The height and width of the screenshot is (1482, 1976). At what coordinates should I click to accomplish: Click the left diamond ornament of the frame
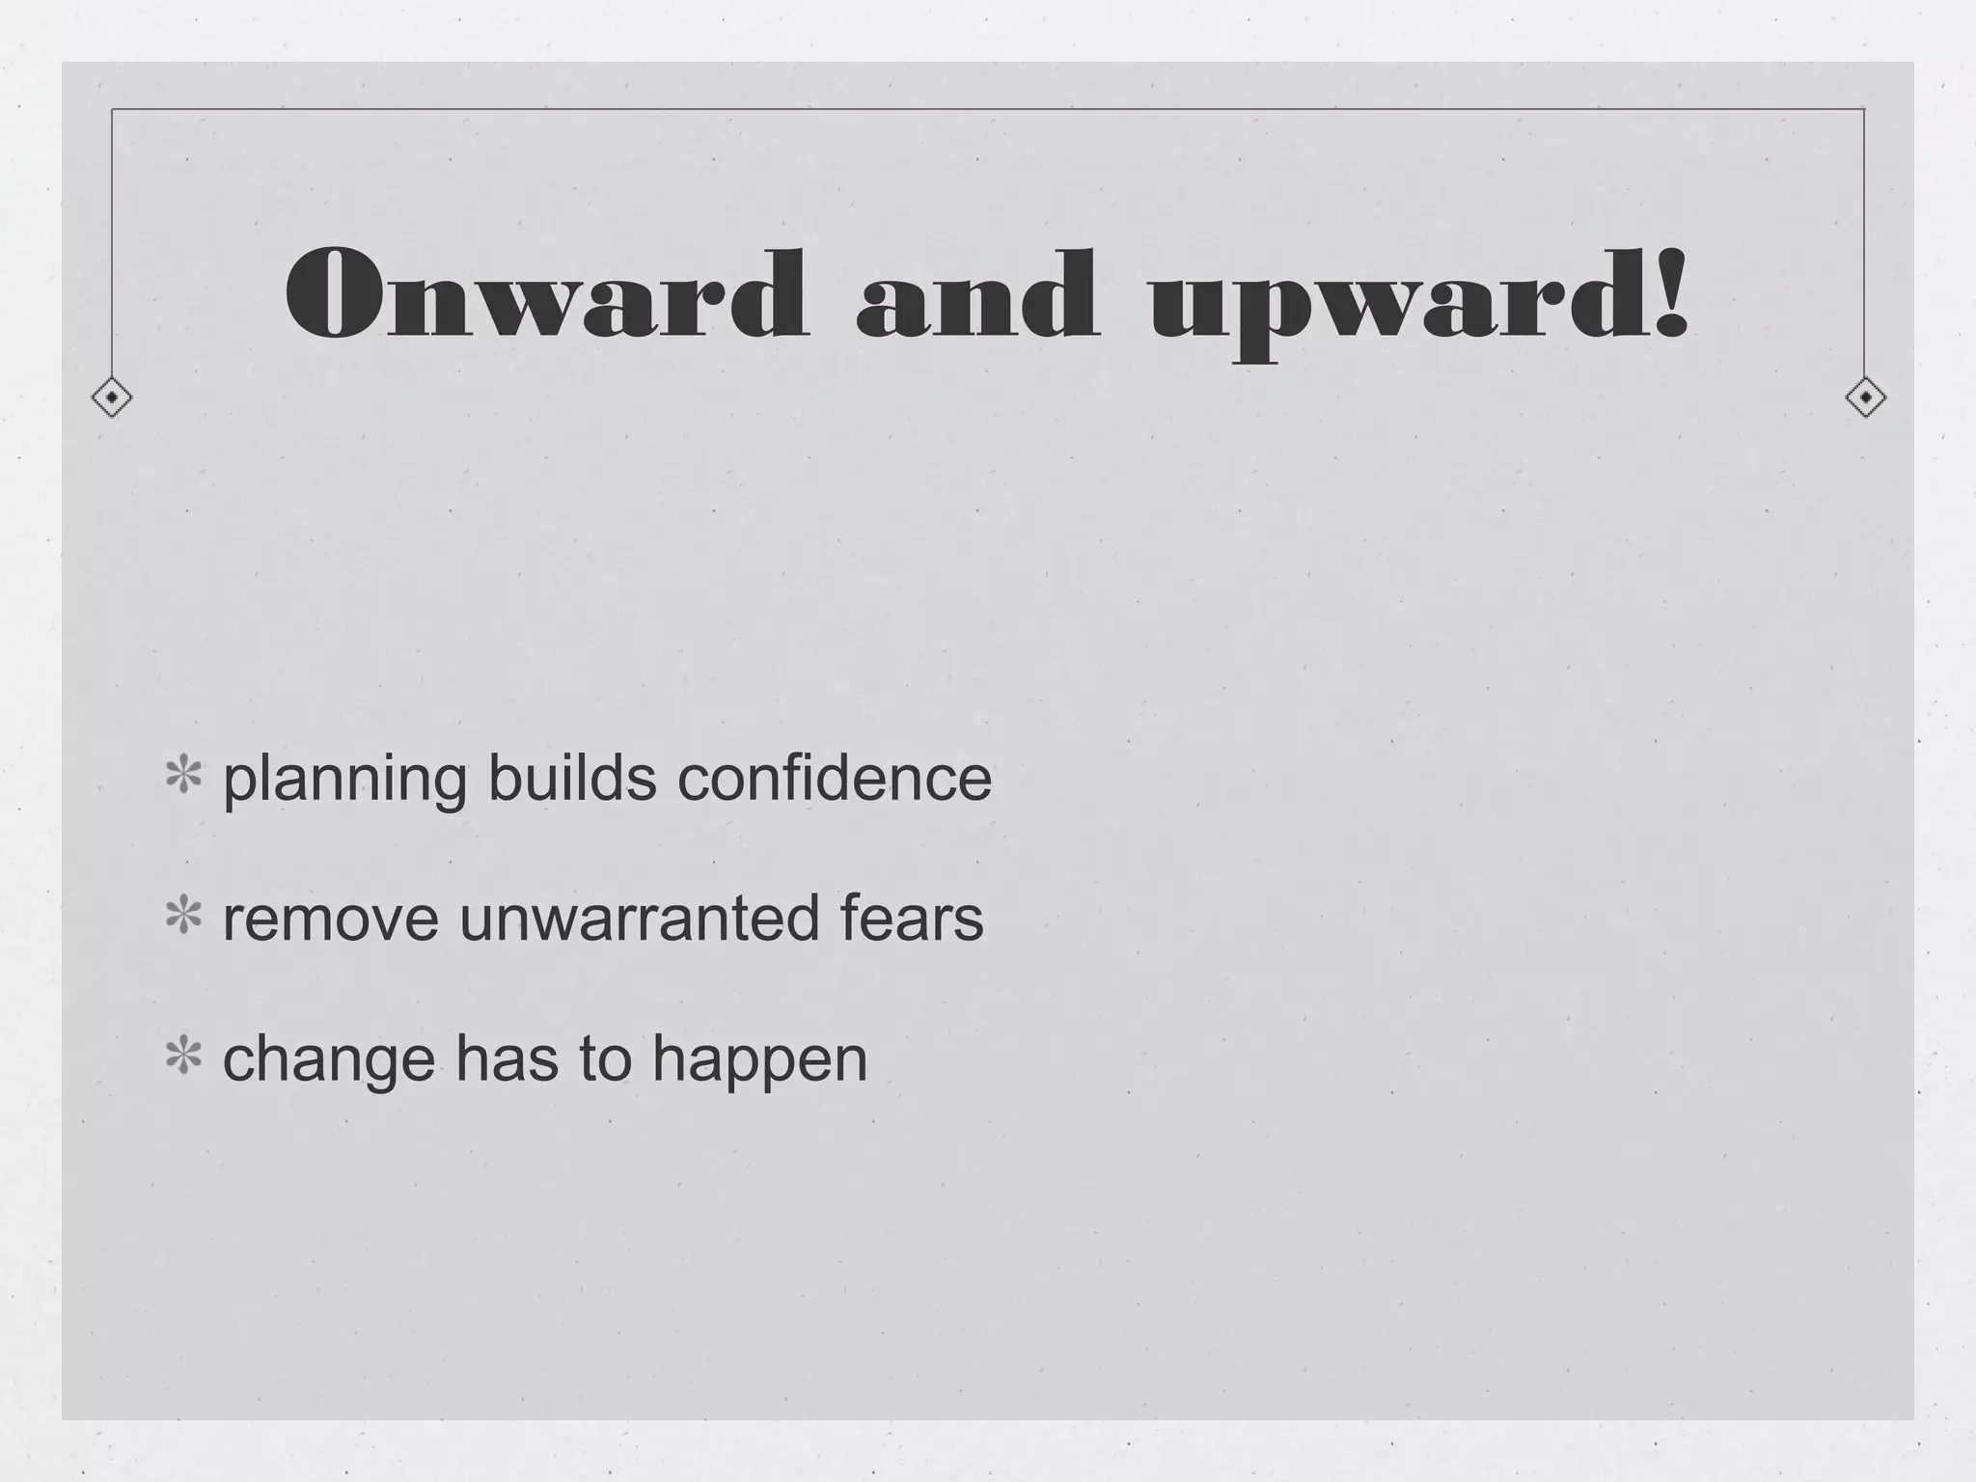click(112, 398)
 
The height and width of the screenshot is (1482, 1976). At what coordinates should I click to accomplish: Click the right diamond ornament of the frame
click(1865, 398)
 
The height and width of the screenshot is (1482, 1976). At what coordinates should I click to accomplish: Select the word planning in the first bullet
click(344, 780)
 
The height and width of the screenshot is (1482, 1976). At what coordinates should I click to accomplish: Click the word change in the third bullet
click(329, 1059)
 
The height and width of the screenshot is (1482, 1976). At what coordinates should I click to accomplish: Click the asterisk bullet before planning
click(183, 778)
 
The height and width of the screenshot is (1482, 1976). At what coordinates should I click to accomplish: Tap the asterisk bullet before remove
click(183, 918)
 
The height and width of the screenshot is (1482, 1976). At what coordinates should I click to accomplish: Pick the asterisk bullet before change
click(183, 1057)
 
